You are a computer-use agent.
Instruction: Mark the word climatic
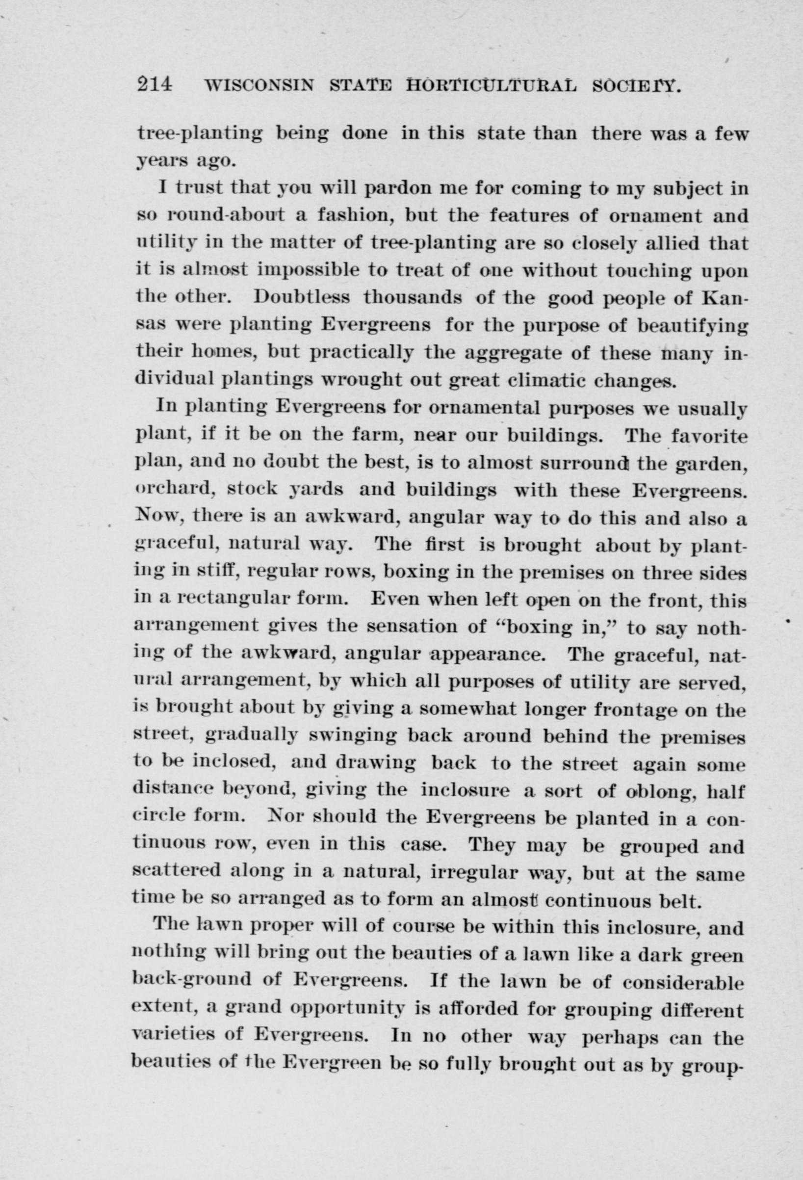click(548, 379)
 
